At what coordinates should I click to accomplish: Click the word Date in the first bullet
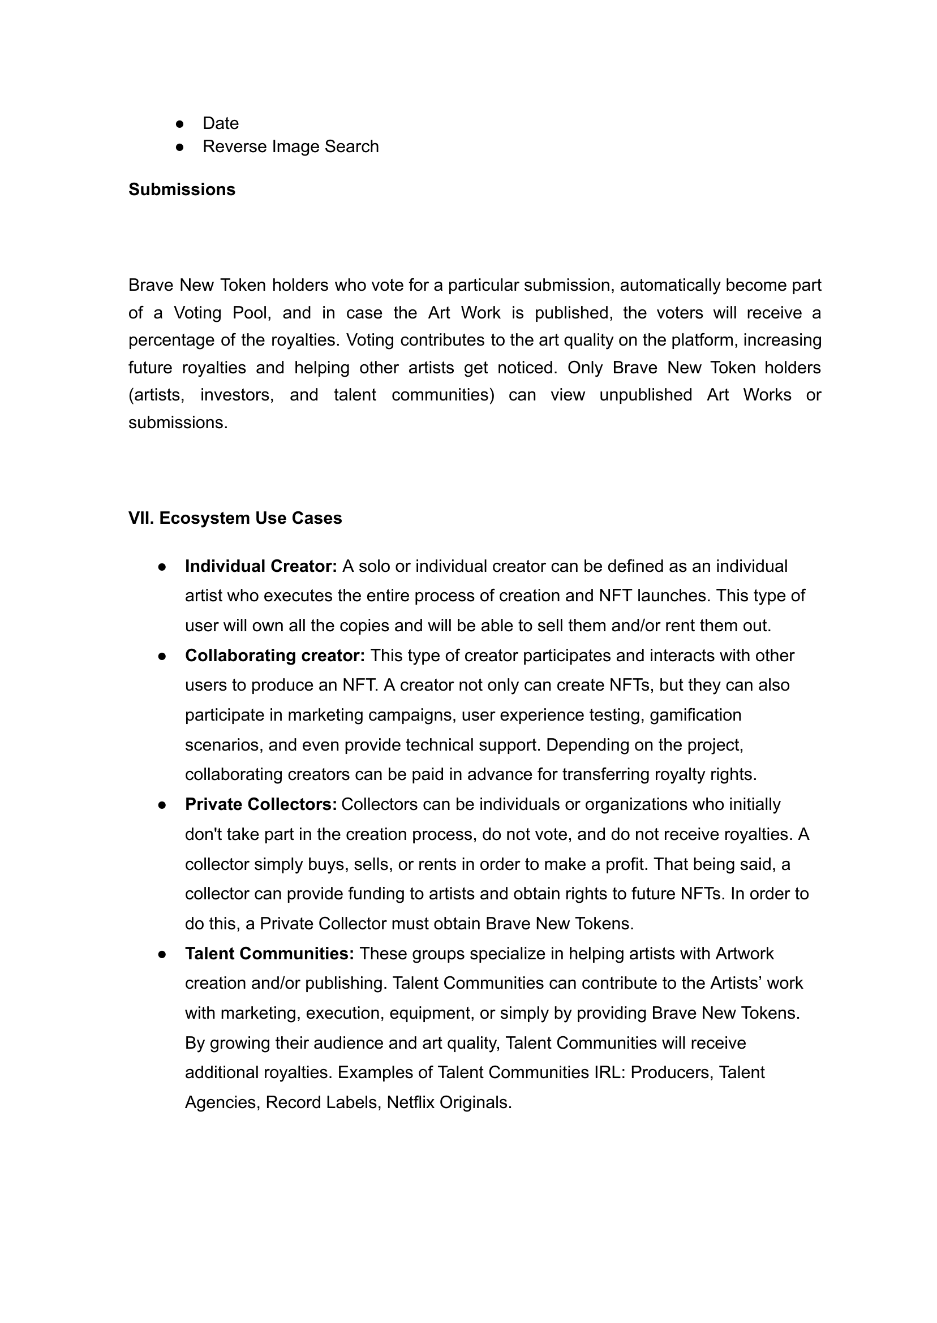(x=221, y=123)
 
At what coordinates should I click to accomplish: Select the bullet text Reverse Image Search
(x=290, y=146)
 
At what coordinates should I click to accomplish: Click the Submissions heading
(x=182, y=189)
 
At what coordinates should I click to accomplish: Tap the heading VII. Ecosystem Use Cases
(x=235, y=518)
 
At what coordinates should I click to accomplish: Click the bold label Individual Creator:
(x=261, y=566)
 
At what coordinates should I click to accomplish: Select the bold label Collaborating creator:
(x=274, y=655)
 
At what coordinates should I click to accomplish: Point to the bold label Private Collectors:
(x=261, y=804)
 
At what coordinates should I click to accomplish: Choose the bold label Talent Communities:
(x=269, y=953)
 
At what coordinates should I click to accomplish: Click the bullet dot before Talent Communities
(x=162, y=954)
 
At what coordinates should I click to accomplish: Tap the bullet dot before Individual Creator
(x=162, y=567)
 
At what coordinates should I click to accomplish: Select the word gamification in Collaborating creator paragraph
(x=695, y=714)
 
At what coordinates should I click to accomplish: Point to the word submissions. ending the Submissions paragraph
(x=178, y=423)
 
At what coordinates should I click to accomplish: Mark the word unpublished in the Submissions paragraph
(x=646, y=395)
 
